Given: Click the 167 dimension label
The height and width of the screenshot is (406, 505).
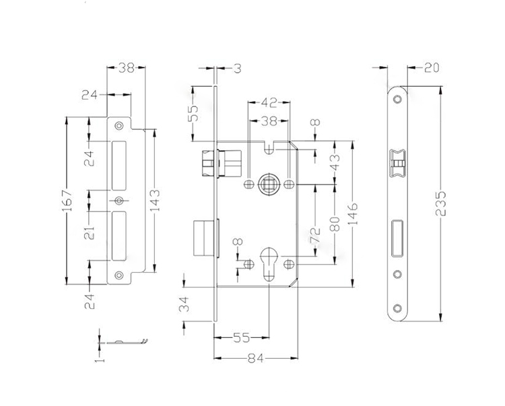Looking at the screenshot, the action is [x=67, y=201].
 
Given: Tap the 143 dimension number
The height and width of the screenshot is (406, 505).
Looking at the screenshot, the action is [x=156, y=201].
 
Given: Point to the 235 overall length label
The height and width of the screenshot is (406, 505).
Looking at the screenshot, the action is [x=440, y=203].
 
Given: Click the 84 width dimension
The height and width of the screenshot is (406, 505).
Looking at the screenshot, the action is [x=256, y=358].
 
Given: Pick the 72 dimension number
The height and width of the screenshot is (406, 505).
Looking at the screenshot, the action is [x=314, y=235].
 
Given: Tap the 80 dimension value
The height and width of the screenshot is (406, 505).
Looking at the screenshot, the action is [x=335, y=224].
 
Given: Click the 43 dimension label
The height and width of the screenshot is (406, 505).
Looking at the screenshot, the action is [x=335, y=162].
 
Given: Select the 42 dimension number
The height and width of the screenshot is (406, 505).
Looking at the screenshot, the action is [x=269, y=103].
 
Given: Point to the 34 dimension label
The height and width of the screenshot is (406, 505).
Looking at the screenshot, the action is [x=184, y=304].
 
